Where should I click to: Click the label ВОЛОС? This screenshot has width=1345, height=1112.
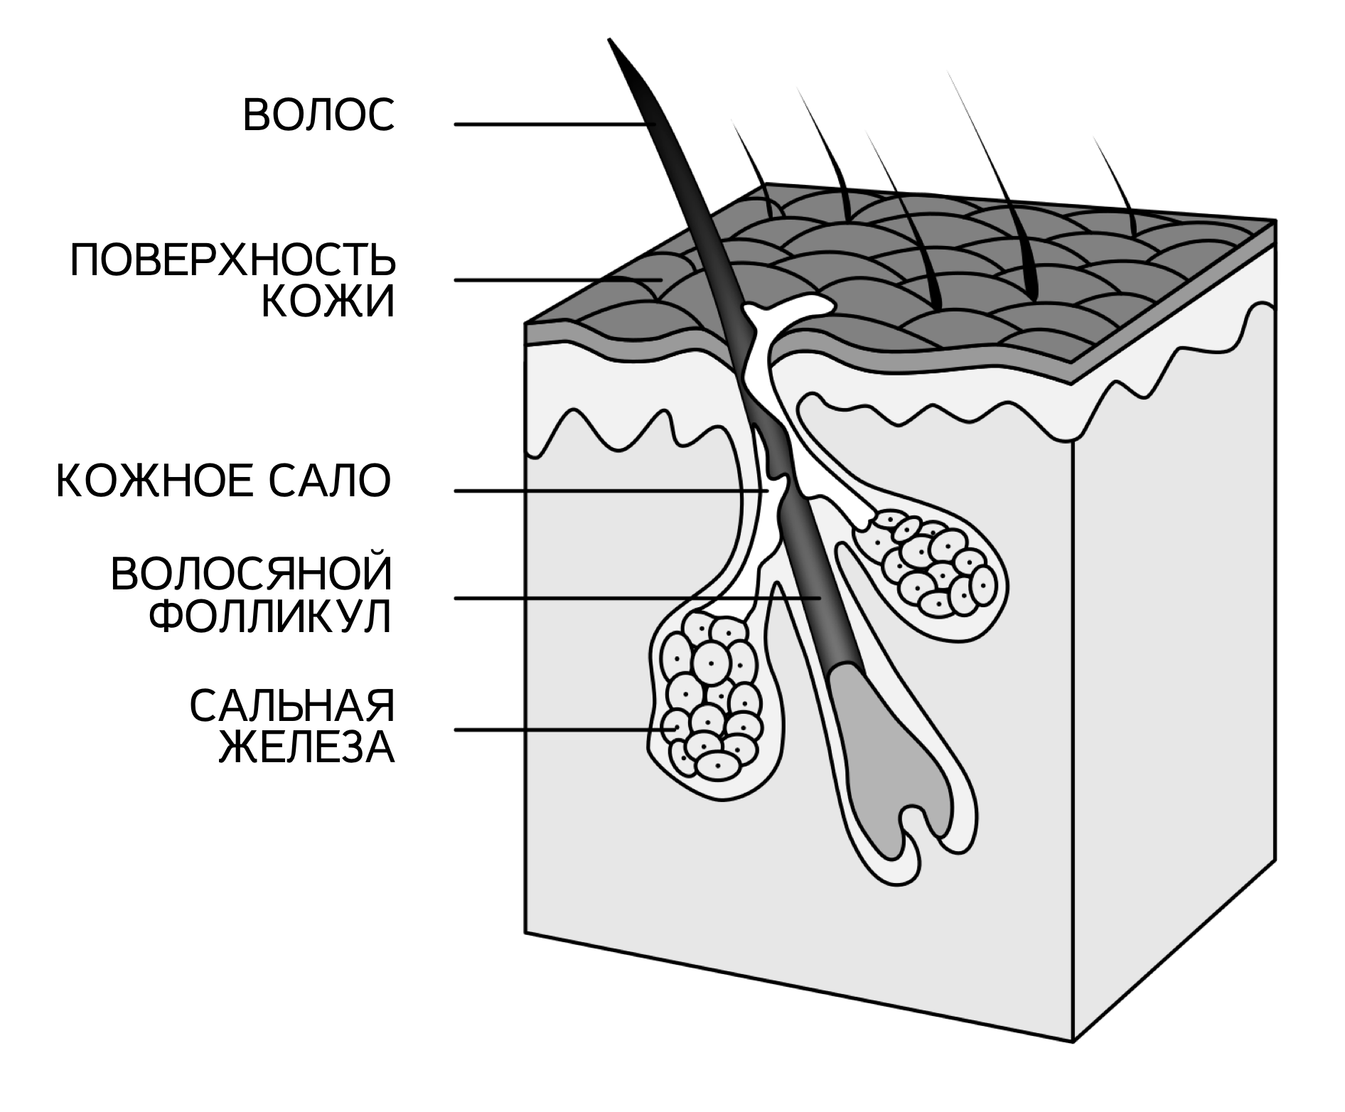[318, 115]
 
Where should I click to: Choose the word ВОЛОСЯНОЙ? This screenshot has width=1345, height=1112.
[252, 575]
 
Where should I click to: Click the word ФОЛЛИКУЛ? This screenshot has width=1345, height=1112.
[271, 617]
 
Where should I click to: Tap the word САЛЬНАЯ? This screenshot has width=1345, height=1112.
[291, 707]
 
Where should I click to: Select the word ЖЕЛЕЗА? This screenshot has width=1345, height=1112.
[306, 749]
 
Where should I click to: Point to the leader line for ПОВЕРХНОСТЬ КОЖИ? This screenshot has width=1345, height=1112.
[554, 280]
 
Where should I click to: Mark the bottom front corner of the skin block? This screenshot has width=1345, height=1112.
[1072, 1042]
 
